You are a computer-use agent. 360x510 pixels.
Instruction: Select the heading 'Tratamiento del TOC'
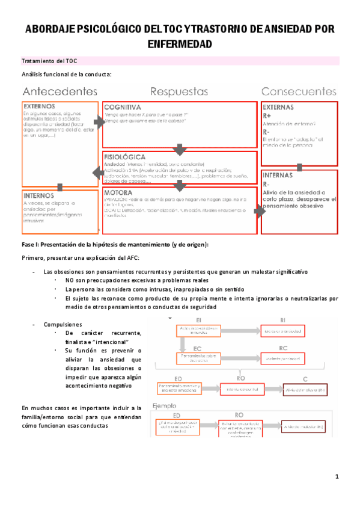49,61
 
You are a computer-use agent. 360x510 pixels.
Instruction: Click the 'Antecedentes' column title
59,91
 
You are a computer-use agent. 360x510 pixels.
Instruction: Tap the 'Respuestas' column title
179,91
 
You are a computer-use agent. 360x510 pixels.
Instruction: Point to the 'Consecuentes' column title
299,91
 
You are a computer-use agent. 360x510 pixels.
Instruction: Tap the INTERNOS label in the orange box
40,195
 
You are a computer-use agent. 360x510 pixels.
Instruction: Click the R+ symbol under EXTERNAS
268,115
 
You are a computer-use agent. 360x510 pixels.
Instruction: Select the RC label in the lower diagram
283,348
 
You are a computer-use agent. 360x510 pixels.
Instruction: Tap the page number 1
338,477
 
